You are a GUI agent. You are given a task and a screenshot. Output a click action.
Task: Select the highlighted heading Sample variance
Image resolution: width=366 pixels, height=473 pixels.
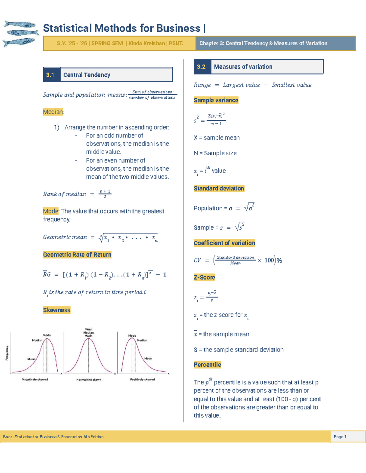point(216,100)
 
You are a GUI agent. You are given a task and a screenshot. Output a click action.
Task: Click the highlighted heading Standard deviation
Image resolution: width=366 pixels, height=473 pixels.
point(219,189)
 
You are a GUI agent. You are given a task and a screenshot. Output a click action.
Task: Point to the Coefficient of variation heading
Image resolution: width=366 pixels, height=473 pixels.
point(224,243)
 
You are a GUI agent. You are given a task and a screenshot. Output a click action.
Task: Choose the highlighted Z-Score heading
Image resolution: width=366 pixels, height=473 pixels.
point(204,277)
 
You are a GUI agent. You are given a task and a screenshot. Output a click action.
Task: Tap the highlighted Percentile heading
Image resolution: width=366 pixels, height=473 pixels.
point(207,365)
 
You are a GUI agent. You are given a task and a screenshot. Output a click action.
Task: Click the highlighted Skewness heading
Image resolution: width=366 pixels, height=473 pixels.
point(57,310)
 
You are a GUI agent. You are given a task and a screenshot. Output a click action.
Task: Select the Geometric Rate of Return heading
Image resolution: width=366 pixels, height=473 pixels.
point(77,255)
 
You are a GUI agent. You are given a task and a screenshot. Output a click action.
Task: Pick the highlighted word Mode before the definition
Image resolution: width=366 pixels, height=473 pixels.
point(51,211)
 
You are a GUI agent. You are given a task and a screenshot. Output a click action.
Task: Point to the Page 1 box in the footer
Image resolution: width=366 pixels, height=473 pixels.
point(340,437)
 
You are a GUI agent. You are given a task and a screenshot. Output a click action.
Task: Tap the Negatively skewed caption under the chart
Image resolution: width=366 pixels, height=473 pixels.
point(35,379)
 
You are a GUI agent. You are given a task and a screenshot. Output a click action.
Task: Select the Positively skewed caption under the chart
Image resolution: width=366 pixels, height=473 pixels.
point(142,379)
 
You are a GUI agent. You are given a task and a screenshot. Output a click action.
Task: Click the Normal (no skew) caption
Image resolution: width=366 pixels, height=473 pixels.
point(88,380)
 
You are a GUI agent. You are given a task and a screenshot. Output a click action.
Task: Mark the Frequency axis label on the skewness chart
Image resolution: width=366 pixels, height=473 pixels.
point(7,353)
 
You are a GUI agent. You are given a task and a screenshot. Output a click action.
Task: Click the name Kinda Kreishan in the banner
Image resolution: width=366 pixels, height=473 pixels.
point(146,43)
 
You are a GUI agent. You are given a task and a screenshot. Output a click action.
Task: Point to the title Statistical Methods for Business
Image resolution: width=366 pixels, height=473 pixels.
point(122,28)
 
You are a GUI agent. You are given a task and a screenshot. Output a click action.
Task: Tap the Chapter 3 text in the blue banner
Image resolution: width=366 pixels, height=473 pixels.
point(263,43)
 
